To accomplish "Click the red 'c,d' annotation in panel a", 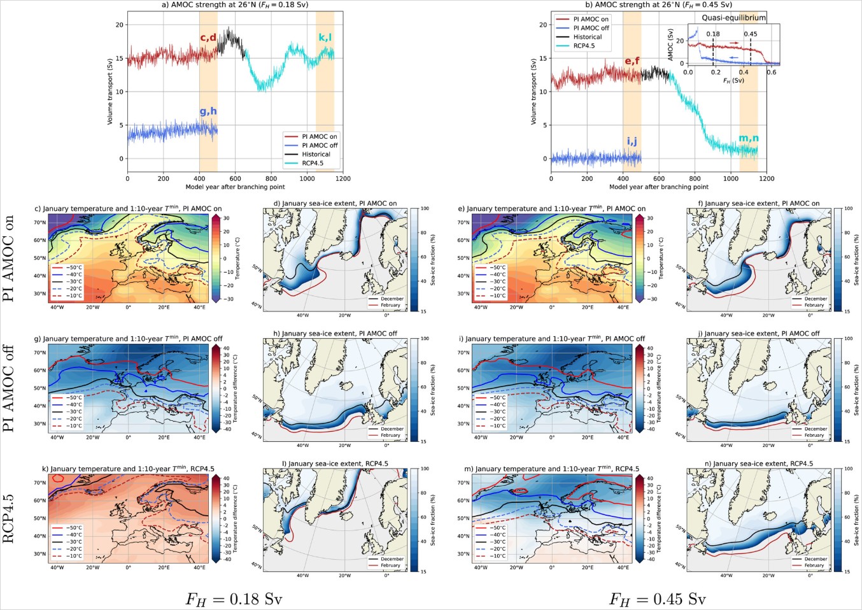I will click(x=208, y=38).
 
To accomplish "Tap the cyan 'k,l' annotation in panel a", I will click(x=325, y=38).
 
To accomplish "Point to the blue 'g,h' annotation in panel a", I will click(x=208, y=111).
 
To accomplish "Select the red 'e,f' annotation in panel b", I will click(x=632, y=61).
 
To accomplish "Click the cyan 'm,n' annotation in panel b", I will click(x=748, y=138).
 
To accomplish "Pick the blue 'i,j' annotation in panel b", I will click(x=632, y=141).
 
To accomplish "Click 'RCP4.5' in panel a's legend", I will click(x=313, y=163).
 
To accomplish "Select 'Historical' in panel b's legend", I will click(x=587, y=37).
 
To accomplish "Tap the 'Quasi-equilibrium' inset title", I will click(x=733, y=18).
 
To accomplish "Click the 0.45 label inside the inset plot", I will click(x=751, y=34).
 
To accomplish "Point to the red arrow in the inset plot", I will click(x=734, y=43).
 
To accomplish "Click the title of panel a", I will click(x=235, y=4).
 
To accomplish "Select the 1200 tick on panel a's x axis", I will click(x=343, y=179).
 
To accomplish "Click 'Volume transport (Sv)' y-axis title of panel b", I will click(x=533, y=92).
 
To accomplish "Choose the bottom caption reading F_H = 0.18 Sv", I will click(x=234, y=599).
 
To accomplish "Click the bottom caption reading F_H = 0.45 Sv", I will click(x=657, y=599).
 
